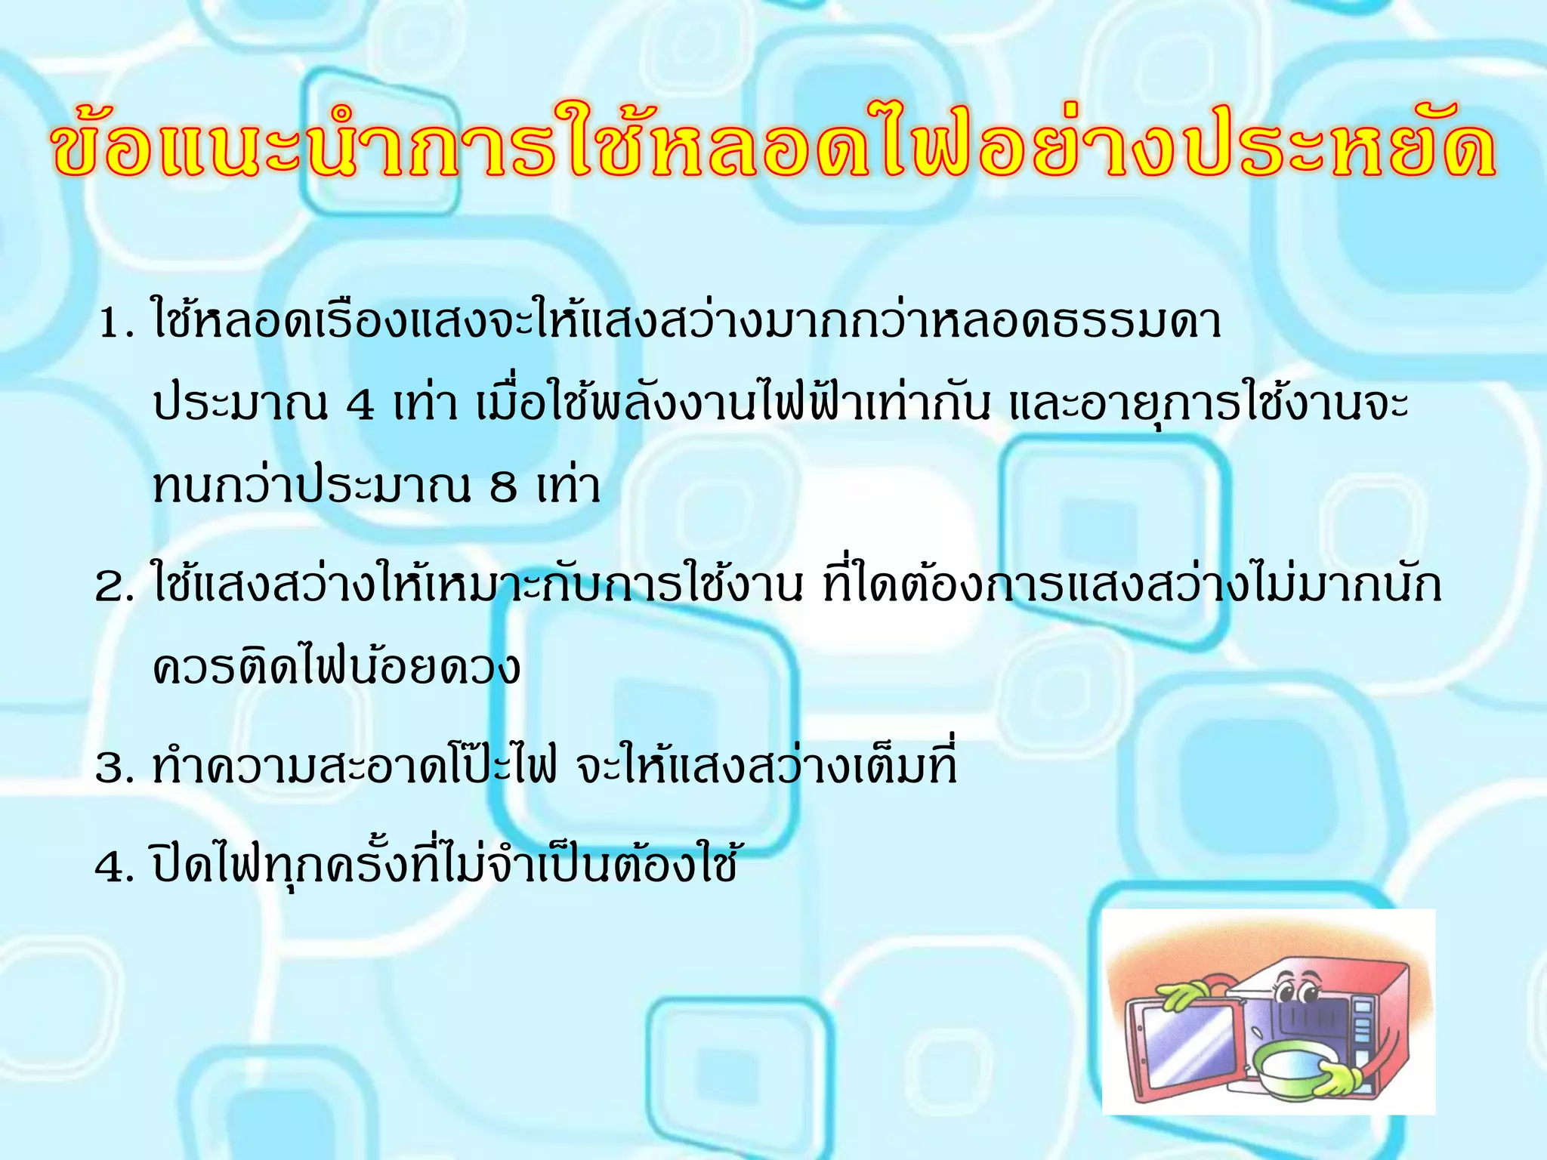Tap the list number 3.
point(113,770)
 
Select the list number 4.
point(113,868)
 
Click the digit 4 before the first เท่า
point(360,406)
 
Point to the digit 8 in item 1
point(503,488)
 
